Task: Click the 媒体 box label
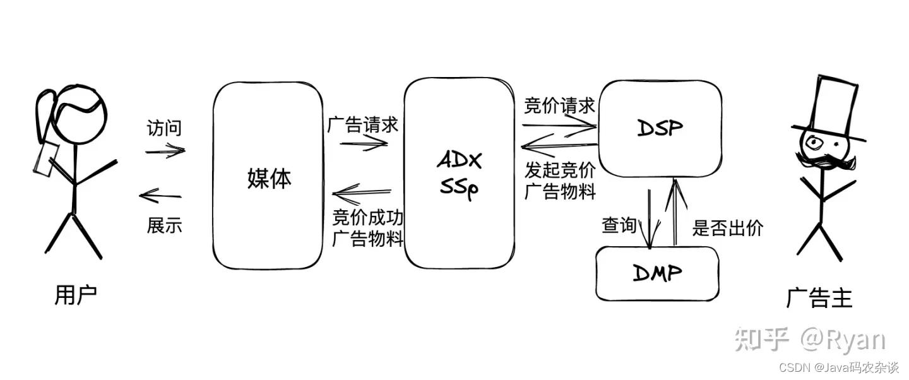tap(269, 179)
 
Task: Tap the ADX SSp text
tap(459, 175)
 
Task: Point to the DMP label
tap(656, 273)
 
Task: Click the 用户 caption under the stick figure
tap(76, 295)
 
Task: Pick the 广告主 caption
tap(819, 297)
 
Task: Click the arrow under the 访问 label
tap(165, 151)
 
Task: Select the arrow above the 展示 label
tap(160, 196)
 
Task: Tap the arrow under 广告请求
tap(364, 143)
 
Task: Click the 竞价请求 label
tap(559, 106)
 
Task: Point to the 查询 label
tap(619, 226)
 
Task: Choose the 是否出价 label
tap(728, 228)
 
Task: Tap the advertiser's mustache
tap(828, 163)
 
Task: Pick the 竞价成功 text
tap(368, 218)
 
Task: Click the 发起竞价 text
tap(560, 169)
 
